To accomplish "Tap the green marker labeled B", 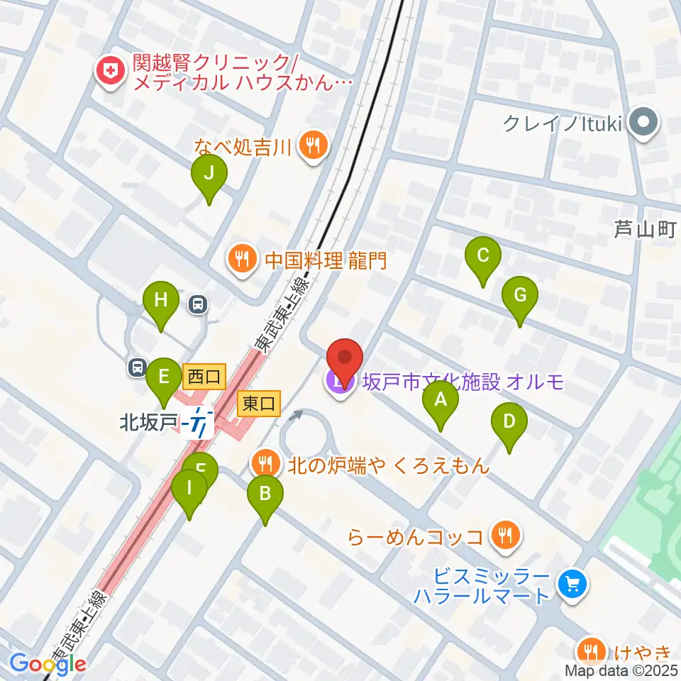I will coord(265,492).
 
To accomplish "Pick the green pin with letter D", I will coord(509,421).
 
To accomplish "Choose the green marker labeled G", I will coord(519,295).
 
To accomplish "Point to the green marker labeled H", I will coord(161,300).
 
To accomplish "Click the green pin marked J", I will coord(209,173).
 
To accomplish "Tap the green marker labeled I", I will coord(189,489).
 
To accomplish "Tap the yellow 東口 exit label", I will coord(259,404).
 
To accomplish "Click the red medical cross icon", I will coord(110,70).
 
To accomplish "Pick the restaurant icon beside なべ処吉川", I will coord(312,148).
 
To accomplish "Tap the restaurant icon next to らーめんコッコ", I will coord(504,535).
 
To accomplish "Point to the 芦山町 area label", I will coord(645,229).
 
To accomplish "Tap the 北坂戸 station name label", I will coord(148,423).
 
